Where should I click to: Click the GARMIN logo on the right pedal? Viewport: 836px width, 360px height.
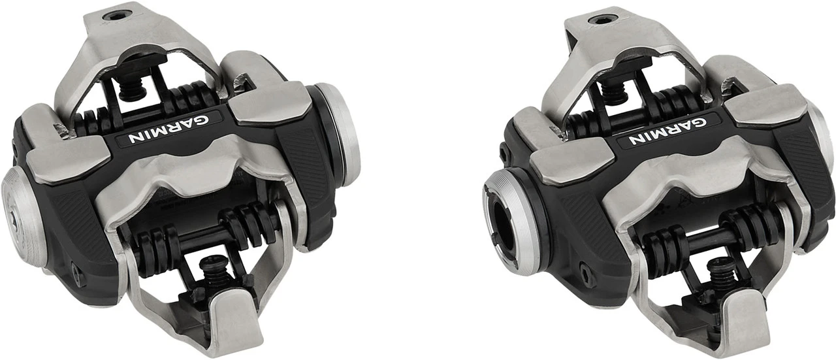point(667,131)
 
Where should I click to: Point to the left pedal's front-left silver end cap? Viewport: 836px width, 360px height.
point(23,217)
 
